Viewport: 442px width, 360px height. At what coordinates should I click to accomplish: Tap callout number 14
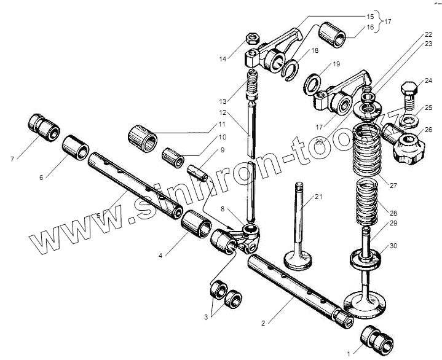222,59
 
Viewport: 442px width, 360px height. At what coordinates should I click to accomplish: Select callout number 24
428,80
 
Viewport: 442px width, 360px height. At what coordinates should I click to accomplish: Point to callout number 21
318,197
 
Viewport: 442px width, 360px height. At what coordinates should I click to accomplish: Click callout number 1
349,353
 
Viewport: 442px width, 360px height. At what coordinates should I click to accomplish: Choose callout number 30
393,246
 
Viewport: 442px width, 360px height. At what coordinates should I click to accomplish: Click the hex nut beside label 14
251,38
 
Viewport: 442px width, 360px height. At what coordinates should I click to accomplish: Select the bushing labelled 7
44,127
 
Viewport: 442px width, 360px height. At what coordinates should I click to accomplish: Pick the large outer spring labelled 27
373,149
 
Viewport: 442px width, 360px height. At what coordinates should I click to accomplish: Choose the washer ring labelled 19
312,82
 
